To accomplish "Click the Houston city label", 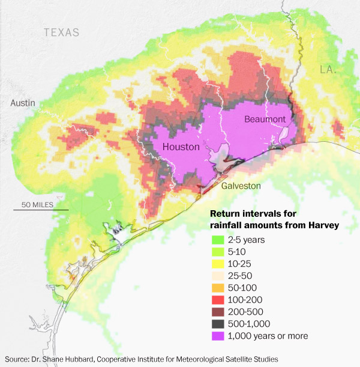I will coord(181,147).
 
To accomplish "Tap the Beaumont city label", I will coord(265,120).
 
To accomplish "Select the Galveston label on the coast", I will coord(241,186).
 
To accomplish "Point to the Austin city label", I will coord(23,103).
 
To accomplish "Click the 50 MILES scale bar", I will coord(41,209).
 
